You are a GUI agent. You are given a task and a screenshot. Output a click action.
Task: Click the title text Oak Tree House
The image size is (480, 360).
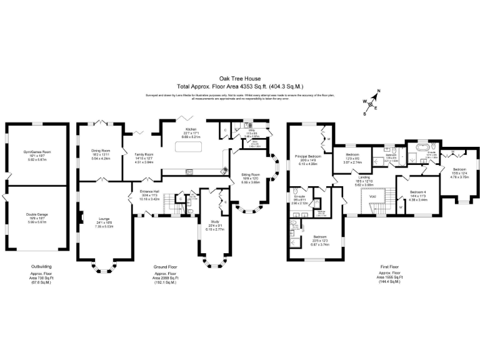(x=239, y=79)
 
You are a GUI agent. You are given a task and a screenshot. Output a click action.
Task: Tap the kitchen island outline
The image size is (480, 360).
(x=186, y=147)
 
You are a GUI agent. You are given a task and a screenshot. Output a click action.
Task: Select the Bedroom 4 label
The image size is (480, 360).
(x=417, y=192)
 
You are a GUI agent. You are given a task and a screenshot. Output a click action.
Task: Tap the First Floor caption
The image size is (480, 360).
(x=390, y=266)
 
